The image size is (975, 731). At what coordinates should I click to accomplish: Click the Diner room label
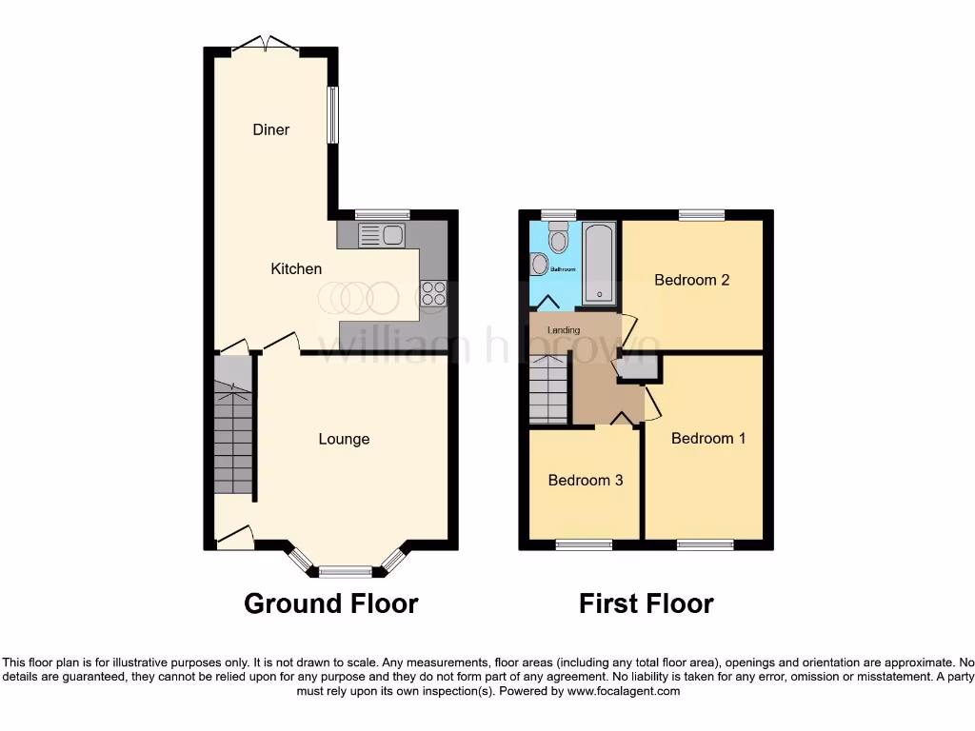pyautogui.click(x=270, y=129)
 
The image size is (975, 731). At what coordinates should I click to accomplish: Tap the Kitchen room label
pyautogui.click(x=296, y=269)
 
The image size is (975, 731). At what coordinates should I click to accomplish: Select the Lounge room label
pyautogui.click(x=344, y=439)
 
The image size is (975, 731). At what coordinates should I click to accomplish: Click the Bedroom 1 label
pyautogui.click(x=708, y=438)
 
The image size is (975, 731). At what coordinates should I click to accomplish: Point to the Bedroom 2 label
pyautogui.click(x=692, y=280)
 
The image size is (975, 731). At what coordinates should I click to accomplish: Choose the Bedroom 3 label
pyautogui.click(x=586, y=481)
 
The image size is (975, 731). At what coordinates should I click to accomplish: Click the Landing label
pyautogui.click(x=564, y=330)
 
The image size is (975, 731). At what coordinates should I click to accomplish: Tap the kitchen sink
pyautogui.click(x=382, y=235)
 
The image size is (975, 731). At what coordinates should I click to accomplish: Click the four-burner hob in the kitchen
pyautogui.click(x=433, y=293)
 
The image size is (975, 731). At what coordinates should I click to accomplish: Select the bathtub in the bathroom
pyautogui.click(x=599, y=263)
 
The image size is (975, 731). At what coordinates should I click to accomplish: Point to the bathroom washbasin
pyautogui.click(x=539, y=264)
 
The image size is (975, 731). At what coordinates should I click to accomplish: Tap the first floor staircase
pyautogui.click(x=548, y=388)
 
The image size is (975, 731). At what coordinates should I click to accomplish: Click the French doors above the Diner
pyautogui.click(x=266, y=44)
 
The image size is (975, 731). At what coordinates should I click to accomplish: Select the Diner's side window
pyautogui.click(x=332, y=115)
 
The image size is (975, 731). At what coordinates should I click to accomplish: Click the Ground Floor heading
pyautogui.click(x=330, y=603)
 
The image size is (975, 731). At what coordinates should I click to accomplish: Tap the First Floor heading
pyautogui.click(x=646, y=603)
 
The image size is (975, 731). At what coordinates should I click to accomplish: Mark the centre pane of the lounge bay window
pyautogui.click(x=345, y=572)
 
